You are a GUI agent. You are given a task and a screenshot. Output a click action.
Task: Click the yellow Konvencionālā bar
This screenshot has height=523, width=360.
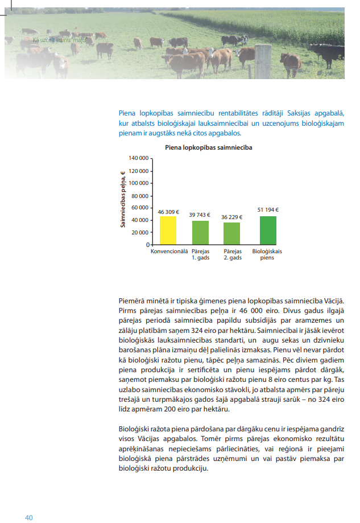168,230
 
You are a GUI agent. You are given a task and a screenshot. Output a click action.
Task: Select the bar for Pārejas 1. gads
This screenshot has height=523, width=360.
200,233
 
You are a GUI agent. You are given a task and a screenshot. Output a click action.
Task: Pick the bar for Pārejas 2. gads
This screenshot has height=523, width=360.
232,234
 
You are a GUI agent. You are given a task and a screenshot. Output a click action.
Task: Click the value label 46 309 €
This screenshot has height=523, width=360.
168,212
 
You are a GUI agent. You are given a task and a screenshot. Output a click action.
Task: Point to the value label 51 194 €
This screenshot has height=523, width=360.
268,209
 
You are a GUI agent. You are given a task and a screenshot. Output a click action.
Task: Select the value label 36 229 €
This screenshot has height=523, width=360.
232,217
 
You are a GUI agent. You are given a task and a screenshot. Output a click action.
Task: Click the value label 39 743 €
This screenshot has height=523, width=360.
200,215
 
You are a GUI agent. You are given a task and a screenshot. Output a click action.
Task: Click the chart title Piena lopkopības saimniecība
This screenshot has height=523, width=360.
208,147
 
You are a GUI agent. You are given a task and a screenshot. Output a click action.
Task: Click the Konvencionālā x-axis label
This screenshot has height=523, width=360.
169,251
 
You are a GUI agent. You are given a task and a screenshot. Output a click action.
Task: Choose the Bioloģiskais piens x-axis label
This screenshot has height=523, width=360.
267,254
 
